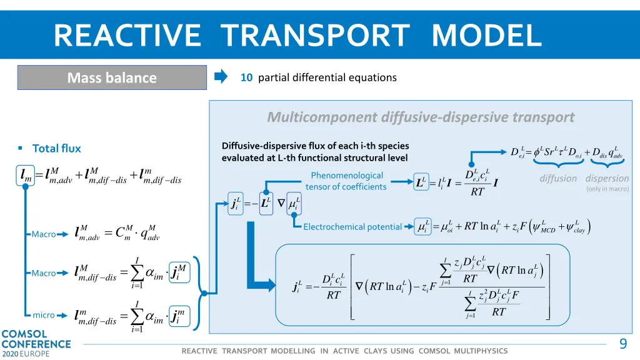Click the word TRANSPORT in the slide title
315,35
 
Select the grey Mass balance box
112,77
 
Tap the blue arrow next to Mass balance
221,77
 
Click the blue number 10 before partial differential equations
246,77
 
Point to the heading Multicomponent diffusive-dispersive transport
420,117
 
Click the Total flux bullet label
56,148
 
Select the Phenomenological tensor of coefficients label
346,181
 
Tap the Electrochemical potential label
352,227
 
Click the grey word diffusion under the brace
558,178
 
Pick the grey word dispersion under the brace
607,178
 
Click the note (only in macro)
607,189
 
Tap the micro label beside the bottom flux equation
44,315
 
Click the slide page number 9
622,344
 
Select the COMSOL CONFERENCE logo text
36,339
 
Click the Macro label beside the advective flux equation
44,234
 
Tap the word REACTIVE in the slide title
127,35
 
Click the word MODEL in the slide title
486,35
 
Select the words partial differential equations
327,77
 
